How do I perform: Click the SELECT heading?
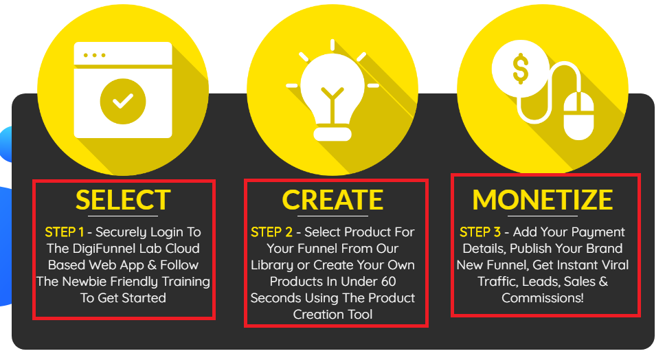[x=123, y=200]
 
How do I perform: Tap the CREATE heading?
[x=332, y=200]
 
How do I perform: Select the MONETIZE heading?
[x=543, y=200]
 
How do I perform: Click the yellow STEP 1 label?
[x=64, y=232]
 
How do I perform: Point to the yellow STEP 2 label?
[x=271, y=232]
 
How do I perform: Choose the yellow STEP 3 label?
[x=480, y=232]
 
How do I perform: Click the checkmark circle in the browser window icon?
[x=123, y=102]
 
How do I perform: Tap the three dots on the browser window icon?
[x=95, y=56]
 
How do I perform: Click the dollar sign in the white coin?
[x=520, y=69]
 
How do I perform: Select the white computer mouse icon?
[x=578, y=115]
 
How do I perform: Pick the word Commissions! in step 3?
[x=543, y=298]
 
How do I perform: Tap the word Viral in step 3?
[x=613, y=265]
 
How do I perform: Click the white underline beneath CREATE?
[x=332, y=216]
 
